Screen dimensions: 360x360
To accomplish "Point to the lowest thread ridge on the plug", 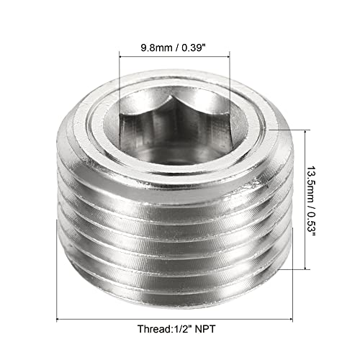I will pos(173,277).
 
